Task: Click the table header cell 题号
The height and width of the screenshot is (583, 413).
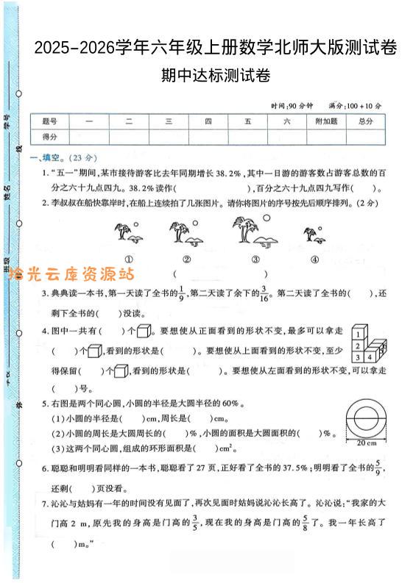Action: pyautogui.click(x=49, y=121)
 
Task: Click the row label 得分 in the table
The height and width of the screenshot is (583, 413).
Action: pyautogui.click(x=49, y=137)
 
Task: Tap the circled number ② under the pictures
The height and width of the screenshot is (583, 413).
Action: pyautogui.click(x=187, y=259)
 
